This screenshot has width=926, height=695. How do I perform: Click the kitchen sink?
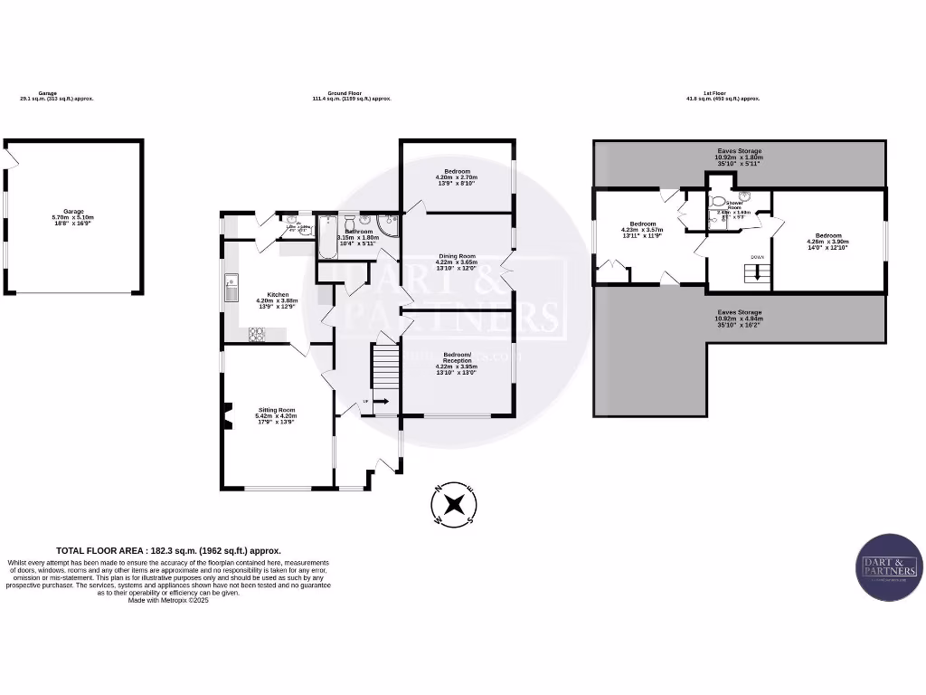click(231, 288)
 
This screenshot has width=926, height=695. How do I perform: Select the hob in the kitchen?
click(256, 334)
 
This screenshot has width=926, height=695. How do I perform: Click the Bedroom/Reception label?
click(457, 360)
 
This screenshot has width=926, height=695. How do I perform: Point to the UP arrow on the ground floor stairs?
click(380, 401)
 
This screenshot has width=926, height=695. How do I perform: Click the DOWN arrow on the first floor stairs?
click(758, 271)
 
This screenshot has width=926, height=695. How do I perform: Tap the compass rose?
click(455, 503)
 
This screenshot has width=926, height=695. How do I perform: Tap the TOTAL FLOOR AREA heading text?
click(168, 550)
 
